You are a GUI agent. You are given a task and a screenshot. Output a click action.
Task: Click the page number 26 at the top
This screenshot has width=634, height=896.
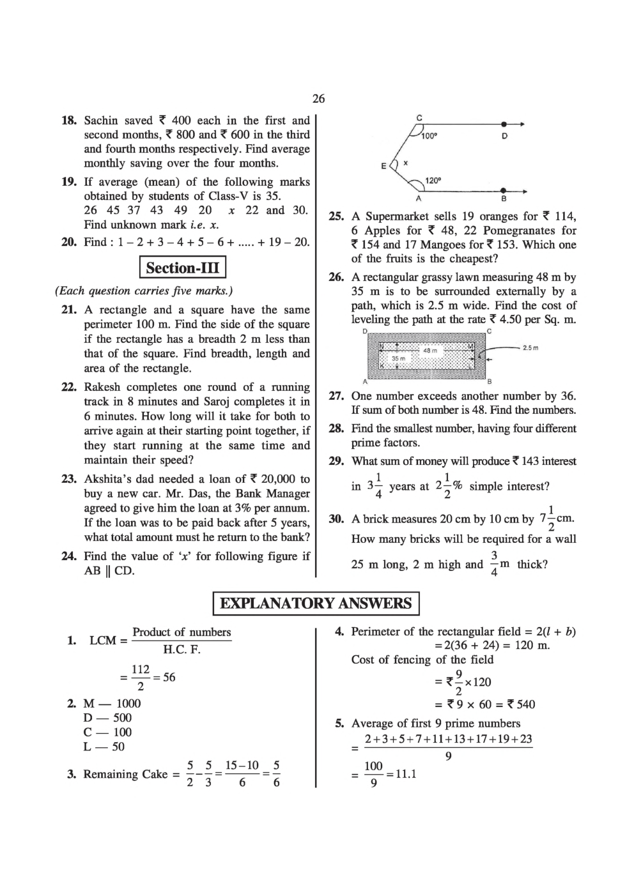click(318, 98)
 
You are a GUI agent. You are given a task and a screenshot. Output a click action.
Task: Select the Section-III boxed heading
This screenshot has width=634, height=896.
click(183, 268)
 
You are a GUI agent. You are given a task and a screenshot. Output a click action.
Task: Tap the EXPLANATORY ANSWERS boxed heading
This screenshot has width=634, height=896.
click(316, 604)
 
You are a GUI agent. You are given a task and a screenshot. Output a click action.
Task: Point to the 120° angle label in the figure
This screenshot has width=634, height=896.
click(433, 181)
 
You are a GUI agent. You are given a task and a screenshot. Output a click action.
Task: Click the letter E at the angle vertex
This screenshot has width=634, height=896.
click(383, 166)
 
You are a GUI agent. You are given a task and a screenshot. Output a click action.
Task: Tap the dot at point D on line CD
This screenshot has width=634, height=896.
click(504, 124)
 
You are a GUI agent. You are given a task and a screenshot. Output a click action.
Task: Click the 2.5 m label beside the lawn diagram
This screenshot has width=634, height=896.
click(530, 348)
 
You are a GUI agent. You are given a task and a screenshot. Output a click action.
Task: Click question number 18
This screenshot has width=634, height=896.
click(69, 121)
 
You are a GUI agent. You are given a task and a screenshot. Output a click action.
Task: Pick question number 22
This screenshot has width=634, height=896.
click(69, 388)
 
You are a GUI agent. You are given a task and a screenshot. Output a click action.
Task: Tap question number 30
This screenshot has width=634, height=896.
click(336, 519)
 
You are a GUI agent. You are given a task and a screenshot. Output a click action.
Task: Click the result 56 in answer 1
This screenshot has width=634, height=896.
click(169, 678)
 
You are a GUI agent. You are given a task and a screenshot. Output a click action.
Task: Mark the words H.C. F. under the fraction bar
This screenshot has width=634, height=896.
click(182, 650)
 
